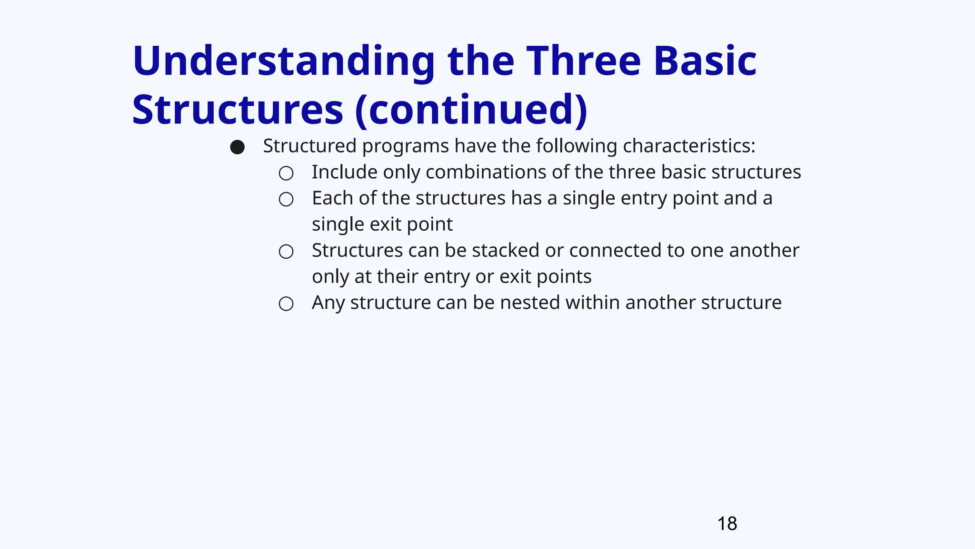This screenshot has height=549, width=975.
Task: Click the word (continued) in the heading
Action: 471,111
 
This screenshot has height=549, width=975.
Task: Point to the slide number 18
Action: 727,524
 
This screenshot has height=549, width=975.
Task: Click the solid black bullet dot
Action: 238,147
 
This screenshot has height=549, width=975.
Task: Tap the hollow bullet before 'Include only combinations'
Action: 286,173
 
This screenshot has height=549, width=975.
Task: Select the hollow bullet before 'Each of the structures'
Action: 286,199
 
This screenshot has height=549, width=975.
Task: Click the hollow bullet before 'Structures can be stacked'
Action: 286,252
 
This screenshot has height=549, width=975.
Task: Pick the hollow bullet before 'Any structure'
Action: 286,304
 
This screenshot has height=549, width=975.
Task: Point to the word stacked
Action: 505,251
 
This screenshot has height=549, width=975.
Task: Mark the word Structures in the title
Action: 238,111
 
